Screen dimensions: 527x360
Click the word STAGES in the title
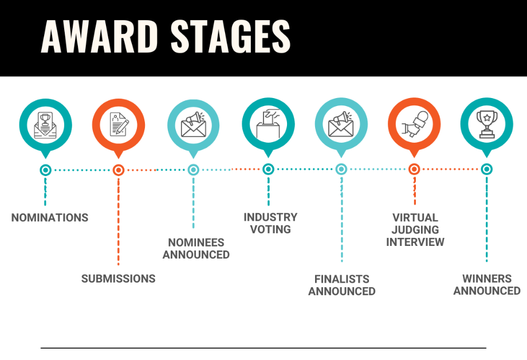point(230,36)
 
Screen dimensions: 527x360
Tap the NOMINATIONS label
point(50,218)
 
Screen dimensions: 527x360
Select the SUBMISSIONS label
point(119,279)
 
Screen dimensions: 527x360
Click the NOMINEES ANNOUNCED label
point(196,249)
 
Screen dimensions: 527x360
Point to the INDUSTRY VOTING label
point(270,223)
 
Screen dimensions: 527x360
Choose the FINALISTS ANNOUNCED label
point(342,285)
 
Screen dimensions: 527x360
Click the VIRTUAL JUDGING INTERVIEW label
point(415,230)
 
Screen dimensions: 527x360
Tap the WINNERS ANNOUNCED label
point(487,285)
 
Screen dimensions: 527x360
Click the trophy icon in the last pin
point(487,124)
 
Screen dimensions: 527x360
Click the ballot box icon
point(268,123)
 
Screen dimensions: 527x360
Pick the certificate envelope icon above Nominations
point(45,125)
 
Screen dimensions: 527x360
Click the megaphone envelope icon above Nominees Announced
point(193,124)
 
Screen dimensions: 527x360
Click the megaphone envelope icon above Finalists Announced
point(341,124)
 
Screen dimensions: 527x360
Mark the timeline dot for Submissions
point(119,170)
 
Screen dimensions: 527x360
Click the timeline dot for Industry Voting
point(268,169)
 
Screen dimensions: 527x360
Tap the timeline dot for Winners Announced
point(487,169)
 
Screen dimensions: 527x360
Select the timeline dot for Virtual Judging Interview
point(414,169)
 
